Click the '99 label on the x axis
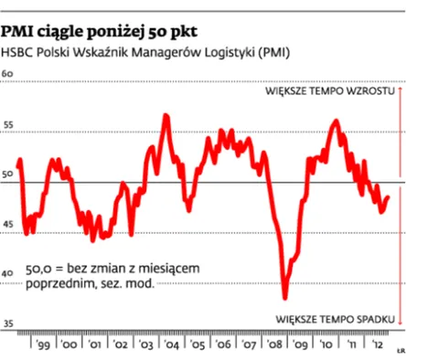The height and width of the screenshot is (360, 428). click(41, 347)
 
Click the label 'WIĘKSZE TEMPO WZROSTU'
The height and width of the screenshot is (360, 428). click(329, 93)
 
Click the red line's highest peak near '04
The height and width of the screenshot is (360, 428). click(166, 114)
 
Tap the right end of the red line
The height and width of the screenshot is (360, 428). click(389, 196)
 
